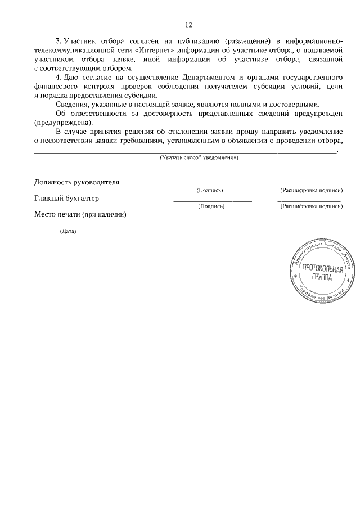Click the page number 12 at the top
pyautogui.click(x=188, y=25)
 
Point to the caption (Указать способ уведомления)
pyautogui.click(x=199, y=158)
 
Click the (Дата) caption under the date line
pyautogui.click(x=68, y=231)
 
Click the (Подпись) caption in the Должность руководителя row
pyautogui.click(x=210, y=190)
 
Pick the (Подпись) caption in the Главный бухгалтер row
pyautogui.click(x=211, y=206)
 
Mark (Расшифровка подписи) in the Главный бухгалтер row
pyautogui.click(x=312, y=206)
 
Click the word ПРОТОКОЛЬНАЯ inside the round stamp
pyautogui.click(x=322, y=268)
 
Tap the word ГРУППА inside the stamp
pyautogui.click(x=321, y=277)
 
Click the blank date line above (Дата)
pyautogui.click(x=73, y=226)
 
